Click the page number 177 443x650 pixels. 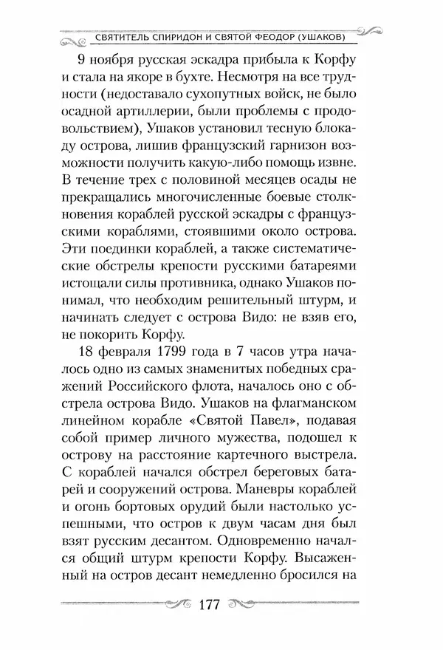click(x=212, y=606)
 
